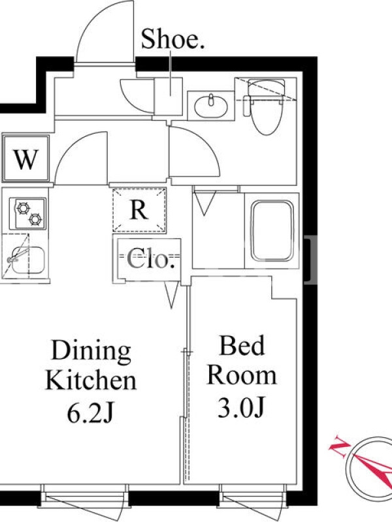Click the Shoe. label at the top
[x=172, y=39]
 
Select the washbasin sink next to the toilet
[x=210, y=106]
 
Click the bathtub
[x=272, y=231]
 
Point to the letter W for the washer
[x=26, y=159]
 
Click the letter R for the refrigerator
[x=139, y=209]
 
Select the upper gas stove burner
[x=23, y=208]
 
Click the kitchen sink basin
[x=28, y=260]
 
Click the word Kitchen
[x=91, y=380]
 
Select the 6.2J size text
[x=90, y=413]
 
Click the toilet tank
[x=267, y=87]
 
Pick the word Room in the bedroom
[x=242, y=376]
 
